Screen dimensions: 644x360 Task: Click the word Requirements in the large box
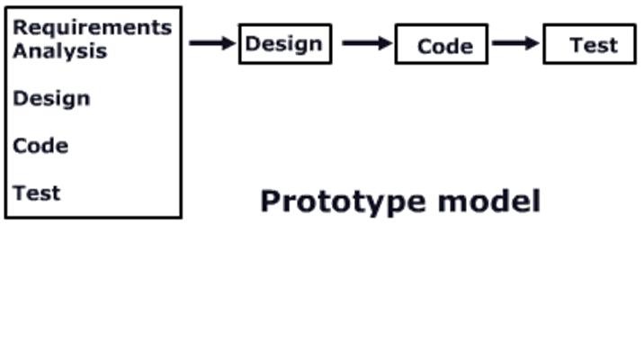pyautogui.click(x=93, y=29)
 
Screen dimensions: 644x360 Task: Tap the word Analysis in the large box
pyautogui.click(x=60, y=51)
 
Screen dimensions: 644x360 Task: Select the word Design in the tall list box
pyautogui.click(x=52, y=100)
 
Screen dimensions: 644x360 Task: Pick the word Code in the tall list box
pyautogui.click(x=40, y=146)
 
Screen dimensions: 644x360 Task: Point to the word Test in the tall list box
pyautogui.click(x=37, y=193)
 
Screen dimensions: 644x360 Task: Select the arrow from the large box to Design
pyautogui.click(x=212, y=42)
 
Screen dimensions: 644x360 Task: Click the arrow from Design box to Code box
pyautogui.click(x=367, y=42)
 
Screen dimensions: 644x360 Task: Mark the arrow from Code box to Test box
pyautogui.click(x=515, y=42)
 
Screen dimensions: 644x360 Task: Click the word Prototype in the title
pyautogui.click(x=343, y=202)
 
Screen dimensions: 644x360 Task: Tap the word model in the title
pyautogui.click(x=489, y=201)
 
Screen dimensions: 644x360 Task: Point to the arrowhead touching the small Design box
pyautogui.click(x=228, y=42)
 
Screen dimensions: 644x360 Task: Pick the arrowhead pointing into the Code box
pyautogui.click(x=385, y=42)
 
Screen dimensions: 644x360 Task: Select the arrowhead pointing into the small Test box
pyautogui.click(x=532, y=42)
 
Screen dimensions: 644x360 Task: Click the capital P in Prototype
pyautogui.click(x=272, y=201)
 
